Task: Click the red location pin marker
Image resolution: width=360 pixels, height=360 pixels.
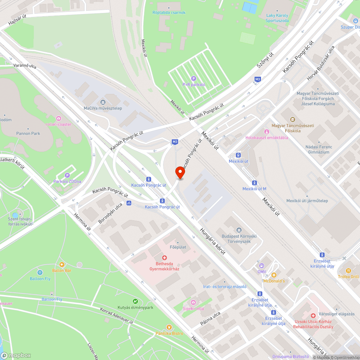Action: tap(180, 172)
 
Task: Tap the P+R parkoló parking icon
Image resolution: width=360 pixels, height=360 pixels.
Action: tap(194, 78)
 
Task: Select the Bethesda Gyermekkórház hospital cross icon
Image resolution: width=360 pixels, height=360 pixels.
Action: tap(165, 258)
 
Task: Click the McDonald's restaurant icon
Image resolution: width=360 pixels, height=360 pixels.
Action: tap(274, 275)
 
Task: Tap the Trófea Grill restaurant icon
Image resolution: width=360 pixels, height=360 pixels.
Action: tap(348, 270)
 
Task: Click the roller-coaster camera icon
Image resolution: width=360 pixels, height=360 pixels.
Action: tap(58, 118)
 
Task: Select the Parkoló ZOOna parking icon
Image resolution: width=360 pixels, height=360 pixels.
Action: tap(67, 175)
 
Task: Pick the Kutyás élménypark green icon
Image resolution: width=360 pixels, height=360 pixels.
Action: tap(135, 301)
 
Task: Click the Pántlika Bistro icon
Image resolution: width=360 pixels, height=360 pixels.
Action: tap(169, 327)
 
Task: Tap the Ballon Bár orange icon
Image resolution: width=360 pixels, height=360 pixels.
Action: tap(62, 265)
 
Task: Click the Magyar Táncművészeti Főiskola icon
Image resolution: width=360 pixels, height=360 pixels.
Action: tap(292, 120)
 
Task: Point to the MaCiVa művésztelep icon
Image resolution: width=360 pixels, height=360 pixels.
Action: tap(103, 102)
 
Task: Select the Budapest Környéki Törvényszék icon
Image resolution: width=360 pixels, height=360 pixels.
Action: tap(239, 230)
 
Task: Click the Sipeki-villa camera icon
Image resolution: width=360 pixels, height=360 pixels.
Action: tap(193, 302)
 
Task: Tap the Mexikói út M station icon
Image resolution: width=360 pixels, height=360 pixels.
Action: tap(255, 183)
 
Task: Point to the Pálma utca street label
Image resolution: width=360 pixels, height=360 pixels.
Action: tap(210, 319)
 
